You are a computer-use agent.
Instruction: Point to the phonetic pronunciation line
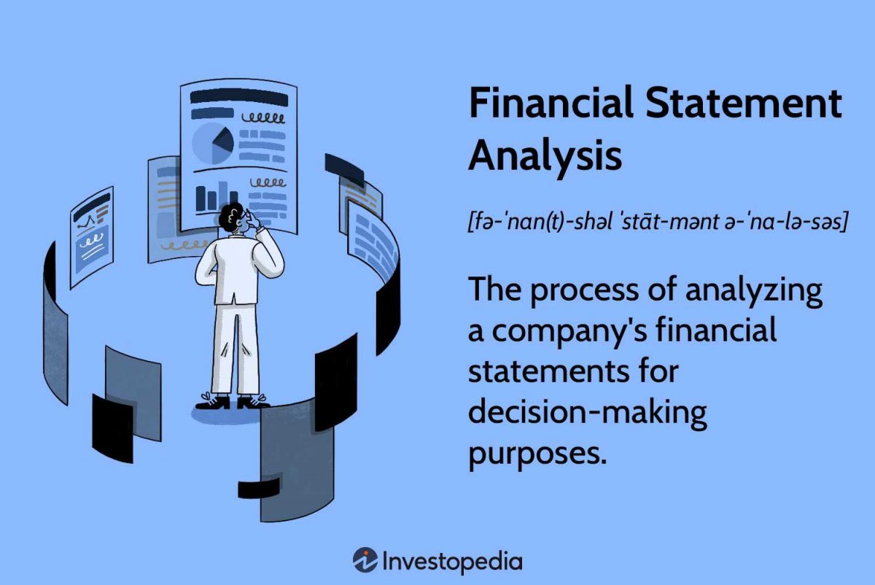(656, 222)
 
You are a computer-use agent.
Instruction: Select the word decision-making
(587, 413)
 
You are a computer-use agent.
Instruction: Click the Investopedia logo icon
(365, 560)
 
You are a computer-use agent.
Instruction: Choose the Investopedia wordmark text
(453, 561)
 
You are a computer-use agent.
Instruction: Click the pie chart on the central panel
(214, 142)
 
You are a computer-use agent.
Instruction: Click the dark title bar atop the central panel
(239, 98)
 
